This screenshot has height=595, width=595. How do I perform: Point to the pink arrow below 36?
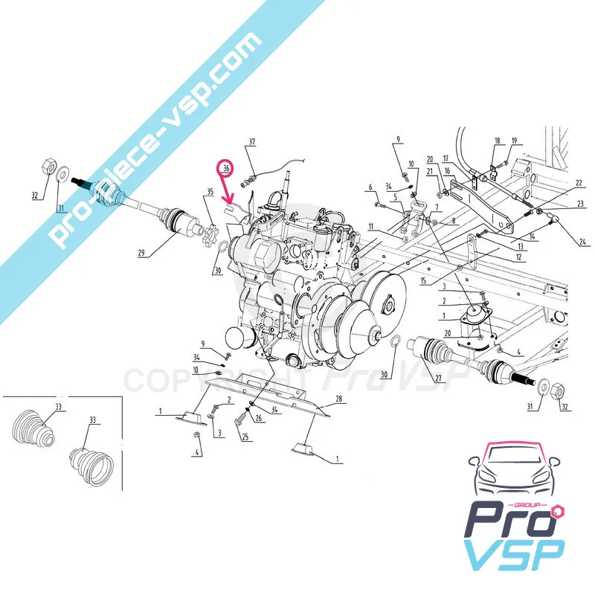click(x=228, y=191)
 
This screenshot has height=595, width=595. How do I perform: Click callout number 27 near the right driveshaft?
click(x=439, y=379)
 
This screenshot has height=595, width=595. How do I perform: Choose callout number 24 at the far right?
click(x=582, y=240)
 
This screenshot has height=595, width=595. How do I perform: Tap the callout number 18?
click(x=498, y=141)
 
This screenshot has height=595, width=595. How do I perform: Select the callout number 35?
click(x=210, y=191)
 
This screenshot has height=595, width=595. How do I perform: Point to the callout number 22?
click(x=579, y=183)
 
